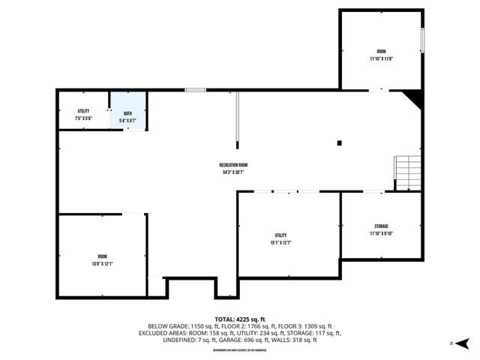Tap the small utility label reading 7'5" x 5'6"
[83, 115]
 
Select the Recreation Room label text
[233, 165]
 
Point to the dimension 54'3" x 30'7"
[233, 172]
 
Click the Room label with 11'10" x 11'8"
[381, 55]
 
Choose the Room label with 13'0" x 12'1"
[102, 259]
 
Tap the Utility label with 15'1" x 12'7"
[280, 239]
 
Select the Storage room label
[381, 229]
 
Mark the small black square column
[340, 142]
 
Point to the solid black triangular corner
[413, 98]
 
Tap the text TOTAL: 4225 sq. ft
[240, 319]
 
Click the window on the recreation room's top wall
[196, 90]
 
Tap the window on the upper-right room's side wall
[422, 40]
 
